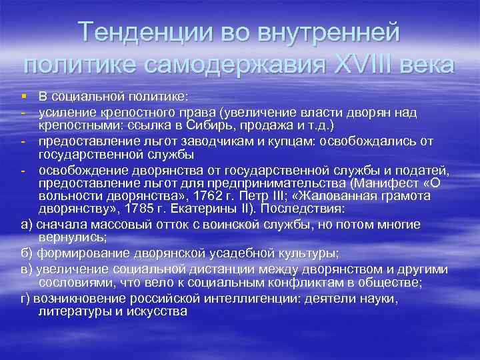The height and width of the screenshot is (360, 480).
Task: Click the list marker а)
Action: coord(27,225)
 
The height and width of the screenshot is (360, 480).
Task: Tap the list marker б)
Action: coord(27,254)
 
